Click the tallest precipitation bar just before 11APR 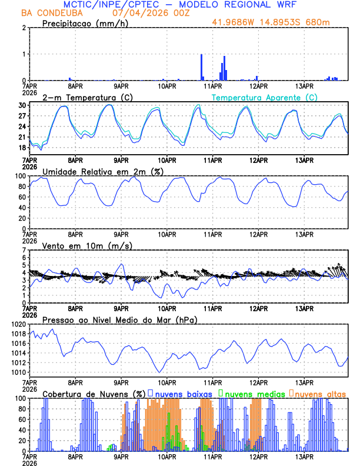[201, 66]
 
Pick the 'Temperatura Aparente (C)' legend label [264, 97]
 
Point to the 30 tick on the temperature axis [22, 105]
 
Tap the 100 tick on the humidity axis [20, 176]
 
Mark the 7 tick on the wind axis [24, 250]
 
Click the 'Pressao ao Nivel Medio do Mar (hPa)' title [120, 319]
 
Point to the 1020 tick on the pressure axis [18, 324]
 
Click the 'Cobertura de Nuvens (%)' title [94, 393]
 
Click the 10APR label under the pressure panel [167, 382]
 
